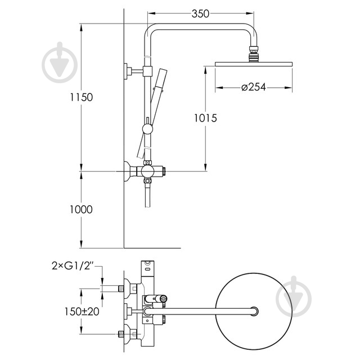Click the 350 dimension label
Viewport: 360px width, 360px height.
[200, 13]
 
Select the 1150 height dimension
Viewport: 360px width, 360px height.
[81, 97]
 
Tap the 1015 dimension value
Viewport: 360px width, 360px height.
[205, 118]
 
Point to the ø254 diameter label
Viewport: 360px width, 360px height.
[254, 87]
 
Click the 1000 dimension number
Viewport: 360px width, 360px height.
[81, 209]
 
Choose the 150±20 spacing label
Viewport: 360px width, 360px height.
[82, 312]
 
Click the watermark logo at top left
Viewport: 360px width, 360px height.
[60, 62]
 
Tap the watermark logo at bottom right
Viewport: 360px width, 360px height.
[294, 296]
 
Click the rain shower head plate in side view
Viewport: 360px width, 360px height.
[254, 64]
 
